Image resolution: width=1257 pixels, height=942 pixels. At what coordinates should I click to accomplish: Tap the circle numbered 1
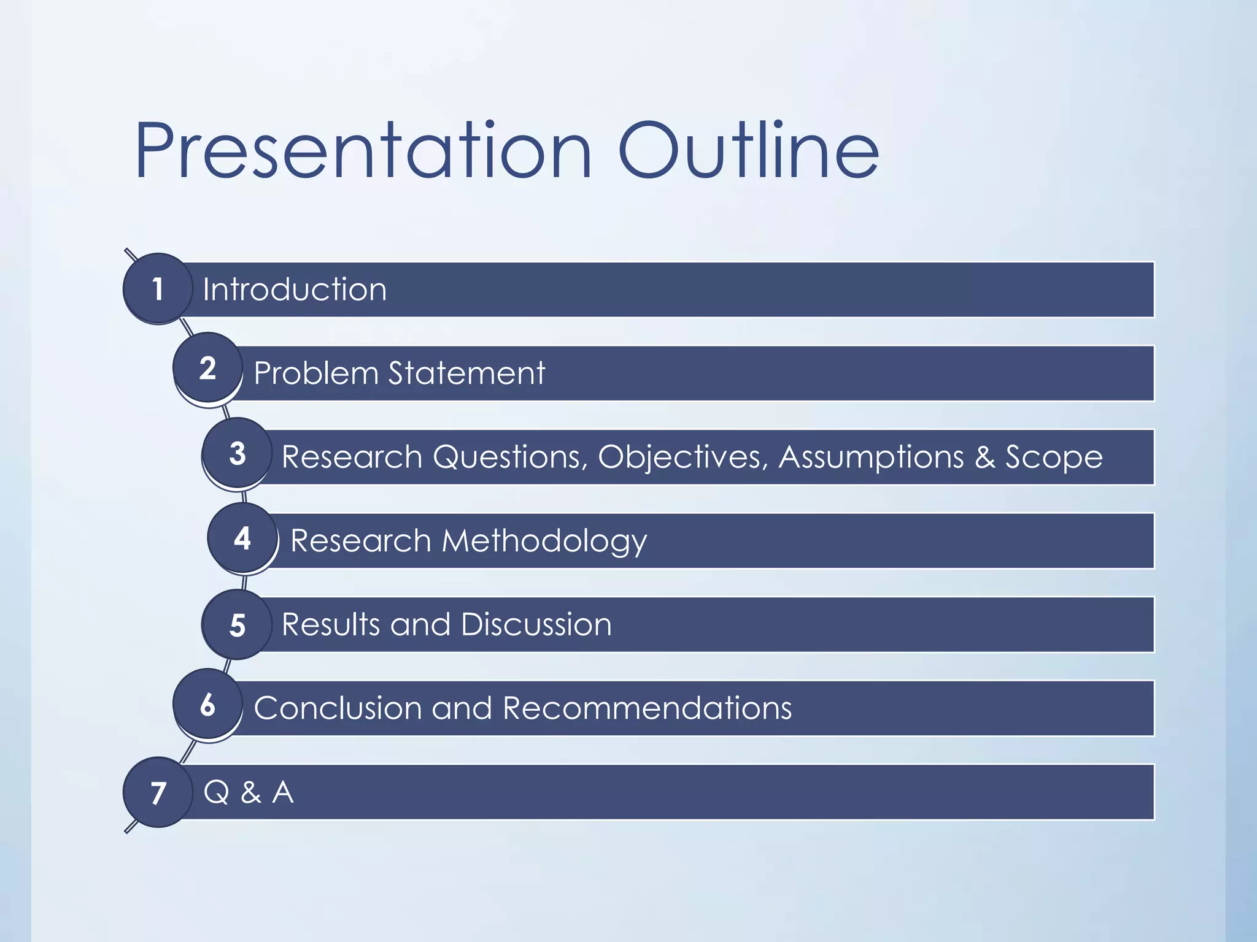[158, 288]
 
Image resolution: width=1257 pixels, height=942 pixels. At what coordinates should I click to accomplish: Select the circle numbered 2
[207, 368]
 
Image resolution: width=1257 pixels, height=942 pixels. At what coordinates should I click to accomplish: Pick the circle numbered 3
[237, 454]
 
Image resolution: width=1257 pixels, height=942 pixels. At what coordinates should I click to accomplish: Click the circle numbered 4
[242, 538]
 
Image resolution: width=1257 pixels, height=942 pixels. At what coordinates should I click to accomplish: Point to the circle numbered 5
[237, 625]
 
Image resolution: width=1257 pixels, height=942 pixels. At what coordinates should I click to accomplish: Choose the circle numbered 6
[207, 705]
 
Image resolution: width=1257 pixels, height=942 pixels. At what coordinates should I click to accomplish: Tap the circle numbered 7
[158, 792]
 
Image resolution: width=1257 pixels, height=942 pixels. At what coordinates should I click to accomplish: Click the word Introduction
[295, 289]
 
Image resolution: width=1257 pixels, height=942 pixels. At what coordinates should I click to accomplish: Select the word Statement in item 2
[466, 373]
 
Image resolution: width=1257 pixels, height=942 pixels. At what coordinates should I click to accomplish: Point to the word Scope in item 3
[1053, 458]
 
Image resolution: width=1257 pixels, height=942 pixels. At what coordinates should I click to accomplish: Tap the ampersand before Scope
[984, 458]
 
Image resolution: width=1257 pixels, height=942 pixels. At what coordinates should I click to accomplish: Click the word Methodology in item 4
[544, 542]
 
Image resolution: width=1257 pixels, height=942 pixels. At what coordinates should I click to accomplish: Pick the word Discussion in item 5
[536, 624]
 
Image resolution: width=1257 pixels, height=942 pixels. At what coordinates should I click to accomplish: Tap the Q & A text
[249, 792]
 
